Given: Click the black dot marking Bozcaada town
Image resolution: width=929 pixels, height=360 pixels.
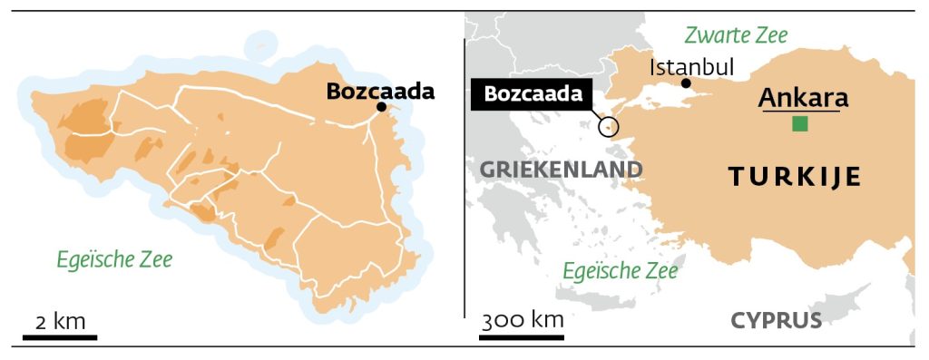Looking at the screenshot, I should tap(382, 107).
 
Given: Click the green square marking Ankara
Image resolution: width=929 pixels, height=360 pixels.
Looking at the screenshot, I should tap(799, 124).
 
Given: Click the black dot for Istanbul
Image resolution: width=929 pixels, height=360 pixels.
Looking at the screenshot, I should tap(686, 83).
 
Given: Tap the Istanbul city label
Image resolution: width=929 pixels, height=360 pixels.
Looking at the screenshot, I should tap(693, 66).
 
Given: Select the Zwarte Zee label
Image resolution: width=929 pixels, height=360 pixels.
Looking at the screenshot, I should tap(736, 35).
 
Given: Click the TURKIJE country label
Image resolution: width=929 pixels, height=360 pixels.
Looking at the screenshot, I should tap(795, 179).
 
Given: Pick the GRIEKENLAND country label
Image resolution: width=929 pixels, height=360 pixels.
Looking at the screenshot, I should tap(560, 170).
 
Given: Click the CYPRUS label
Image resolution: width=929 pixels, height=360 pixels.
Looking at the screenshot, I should tap(776, 320).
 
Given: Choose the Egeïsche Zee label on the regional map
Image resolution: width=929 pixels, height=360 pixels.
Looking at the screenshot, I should tap(620, 269).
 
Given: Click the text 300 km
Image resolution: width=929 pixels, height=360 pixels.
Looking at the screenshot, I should tap(523, 320).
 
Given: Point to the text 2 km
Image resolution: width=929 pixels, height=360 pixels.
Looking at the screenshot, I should tap(60, 322).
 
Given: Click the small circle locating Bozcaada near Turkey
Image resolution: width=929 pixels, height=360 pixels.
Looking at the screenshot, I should tap(609, 127).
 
